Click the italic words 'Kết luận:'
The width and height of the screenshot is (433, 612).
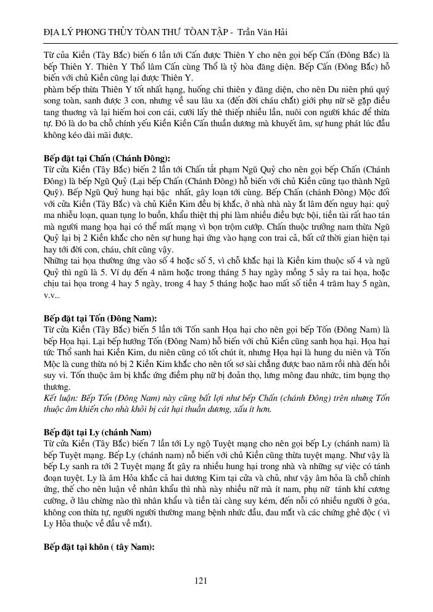coord(60,397)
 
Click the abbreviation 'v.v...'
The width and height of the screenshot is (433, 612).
coord(52,296)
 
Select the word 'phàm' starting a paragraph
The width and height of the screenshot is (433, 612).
coord(54,89)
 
